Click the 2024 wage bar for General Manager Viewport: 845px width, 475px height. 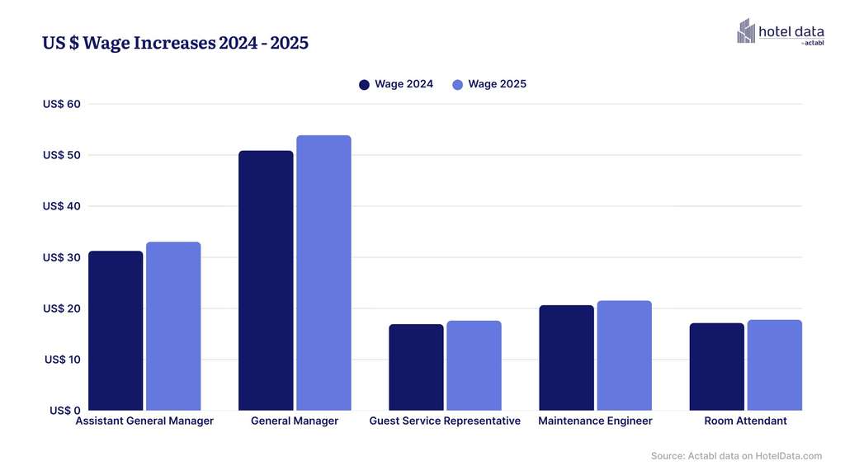266,280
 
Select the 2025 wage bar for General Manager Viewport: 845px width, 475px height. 323,273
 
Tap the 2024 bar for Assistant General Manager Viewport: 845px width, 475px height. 116,331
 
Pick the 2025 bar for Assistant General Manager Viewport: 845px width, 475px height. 173,326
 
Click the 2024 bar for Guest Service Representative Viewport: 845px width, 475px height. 416,367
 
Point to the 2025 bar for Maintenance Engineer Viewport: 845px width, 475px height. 624,355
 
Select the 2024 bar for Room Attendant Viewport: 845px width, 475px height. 716,366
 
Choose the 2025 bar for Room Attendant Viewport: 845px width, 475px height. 774,364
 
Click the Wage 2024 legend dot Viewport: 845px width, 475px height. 364,84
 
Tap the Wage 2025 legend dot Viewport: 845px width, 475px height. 457,84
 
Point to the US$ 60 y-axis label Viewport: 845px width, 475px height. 62,104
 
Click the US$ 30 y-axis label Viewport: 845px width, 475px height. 62,257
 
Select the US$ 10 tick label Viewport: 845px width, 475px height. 62,360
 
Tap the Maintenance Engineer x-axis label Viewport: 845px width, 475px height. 595,421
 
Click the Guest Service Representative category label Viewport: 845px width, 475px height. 445,421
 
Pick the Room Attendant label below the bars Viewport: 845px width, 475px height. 745,421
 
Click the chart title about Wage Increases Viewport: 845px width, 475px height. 175,43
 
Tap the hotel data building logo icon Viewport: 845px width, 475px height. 746,31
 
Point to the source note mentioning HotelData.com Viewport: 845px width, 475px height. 736,456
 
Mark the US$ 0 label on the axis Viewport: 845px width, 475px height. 65,411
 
